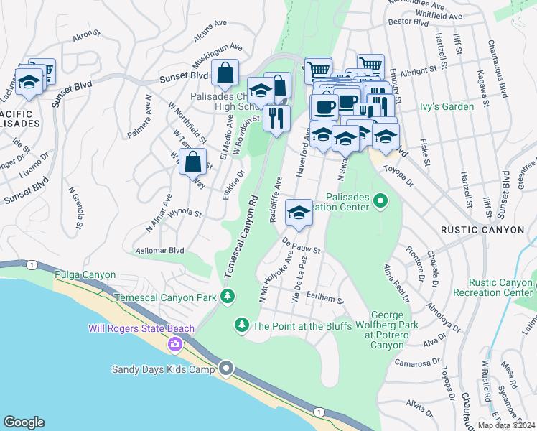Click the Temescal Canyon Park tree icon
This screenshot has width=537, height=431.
coord(228,296)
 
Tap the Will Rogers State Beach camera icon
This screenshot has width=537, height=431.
coord(174,346)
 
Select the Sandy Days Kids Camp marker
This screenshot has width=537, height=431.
coord(226,369)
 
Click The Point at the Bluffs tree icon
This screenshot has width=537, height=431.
coord(242,326)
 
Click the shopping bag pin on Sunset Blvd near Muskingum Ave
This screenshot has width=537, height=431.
coord(225,73)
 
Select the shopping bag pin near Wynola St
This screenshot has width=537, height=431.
coord(192,162)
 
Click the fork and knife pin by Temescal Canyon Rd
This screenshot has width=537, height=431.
coord(276,117)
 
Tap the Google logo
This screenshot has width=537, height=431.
coord(24,422)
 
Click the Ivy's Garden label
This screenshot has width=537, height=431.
coord(447,107)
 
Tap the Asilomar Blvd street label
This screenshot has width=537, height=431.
coord(160,251)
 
